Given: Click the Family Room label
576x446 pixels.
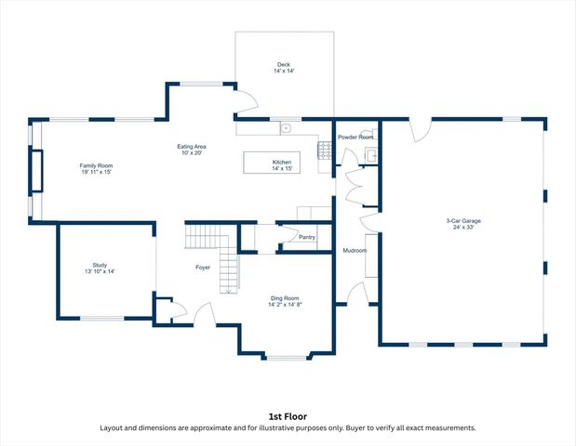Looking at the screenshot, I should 96,164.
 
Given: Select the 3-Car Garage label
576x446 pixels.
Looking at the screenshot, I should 462,220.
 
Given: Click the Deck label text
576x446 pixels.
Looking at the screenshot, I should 284,64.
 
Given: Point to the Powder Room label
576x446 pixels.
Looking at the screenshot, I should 355,137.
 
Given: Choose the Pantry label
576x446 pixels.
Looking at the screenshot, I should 307,237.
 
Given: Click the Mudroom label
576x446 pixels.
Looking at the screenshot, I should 355,251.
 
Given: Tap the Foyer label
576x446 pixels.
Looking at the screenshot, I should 202,268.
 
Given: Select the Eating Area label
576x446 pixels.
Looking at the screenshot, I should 192,147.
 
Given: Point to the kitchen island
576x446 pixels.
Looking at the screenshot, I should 272,163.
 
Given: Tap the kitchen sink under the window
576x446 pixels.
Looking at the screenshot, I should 287,127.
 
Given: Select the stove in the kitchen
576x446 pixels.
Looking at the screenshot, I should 325,151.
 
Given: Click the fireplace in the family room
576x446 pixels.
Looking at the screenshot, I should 37,170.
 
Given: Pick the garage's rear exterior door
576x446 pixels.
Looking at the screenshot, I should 420,130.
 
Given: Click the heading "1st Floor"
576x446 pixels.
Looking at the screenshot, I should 288,416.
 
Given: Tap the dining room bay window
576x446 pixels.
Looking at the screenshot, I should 287,357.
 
